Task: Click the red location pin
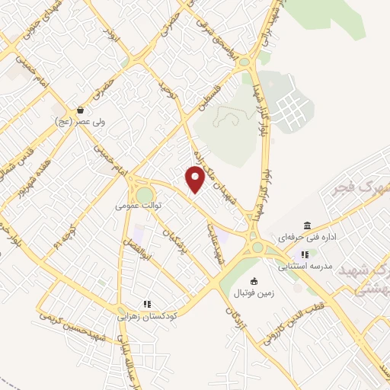pyautogui.click(x=196, y=180)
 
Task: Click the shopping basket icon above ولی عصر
pyautogui.click(x=81, y=110)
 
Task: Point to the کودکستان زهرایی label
pyautogui.click(x=147, y=314)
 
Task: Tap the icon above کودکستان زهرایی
pyautogui.click(x=147, y=303)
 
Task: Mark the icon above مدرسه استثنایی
pyautogui.click(x=305, y=254)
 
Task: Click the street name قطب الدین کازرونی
pyautogui.click(x=294, y=321)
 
